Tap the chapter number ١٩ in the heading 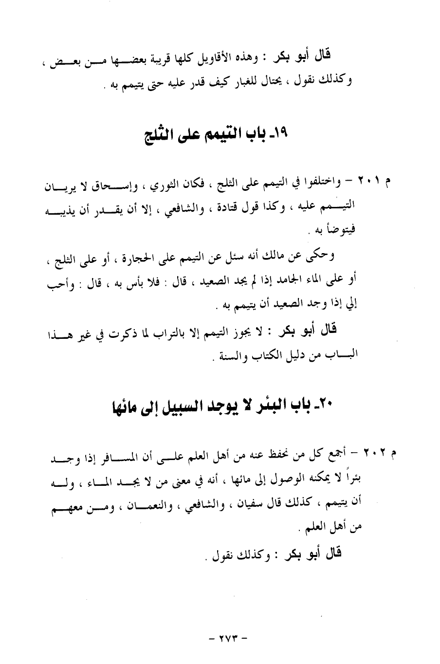(281, 133)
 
